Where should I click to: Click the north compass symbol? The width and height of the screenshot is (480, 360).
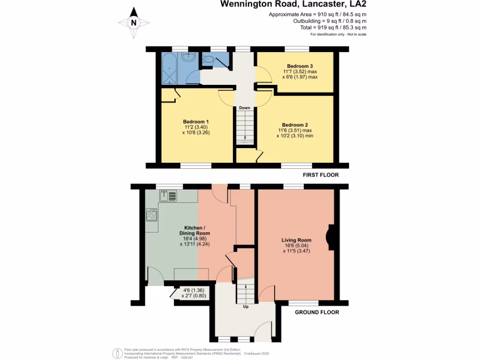pyautogui.click(x=134, y=22)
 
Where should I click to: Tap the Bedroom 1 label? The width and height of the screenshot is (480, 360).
pyautogui.click(x=195, y=122)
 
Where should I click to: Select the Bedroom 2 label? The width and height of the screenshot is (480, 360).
pyautogui.click(x=294, y=125)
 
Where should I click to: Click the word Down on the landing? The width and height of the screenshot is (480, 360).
pyautogui.click(x=244, y=108)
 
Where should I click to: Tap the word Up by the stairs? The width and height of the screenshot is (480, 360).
pyautogui.click(x=245, y=307)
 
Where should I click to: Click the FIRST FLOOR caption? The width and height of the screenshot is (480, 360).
pyautogui.click(x=320, y=175)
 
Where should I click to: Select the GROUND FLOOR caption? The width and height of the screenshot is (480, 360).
pyautogui.click(x=317, y=312)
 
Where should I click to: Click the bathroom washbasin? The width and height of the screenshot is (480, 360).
pyautogui.click(x=189, y=57)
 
